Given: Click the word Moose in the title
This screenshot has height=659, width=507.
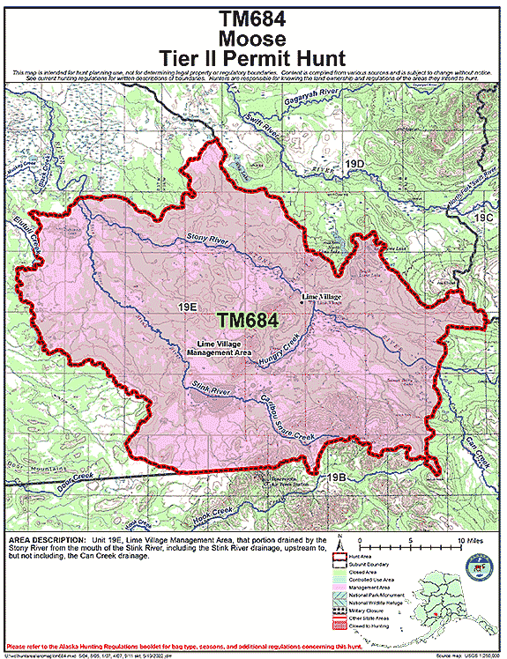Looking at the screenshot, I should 253,39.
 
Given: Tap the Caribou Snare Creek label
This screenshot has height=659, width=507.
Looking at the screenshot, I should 285,424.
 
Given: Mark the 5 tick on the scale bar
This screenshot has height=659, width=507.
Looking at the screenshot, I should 411,539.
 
